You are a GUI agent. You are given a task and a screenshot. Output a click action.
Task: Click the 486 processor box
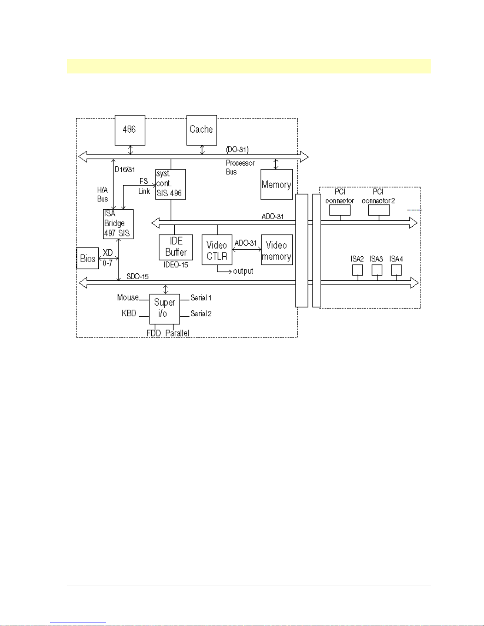click(130, 130)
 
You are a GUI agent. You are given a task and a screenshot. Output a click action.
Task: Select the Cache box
click(202, 130)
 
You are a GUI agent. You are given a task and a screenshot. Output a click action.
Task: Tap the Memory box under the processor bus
click(277, 184)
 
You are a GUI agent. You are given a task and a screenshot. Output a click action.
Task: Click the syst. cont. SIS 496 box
click(170, 184)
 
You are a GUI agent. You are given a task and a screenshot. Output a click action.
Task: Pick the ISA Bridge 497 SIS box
click(118, 224)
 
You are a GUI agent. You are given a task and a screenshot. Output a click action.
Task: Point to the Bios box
click(87, 259)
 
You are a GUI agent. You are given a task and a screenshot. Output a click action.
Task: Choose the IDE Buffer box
click(176, 247)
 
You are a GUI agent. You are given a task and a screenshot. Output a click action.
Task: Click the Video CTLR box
click(217, 250)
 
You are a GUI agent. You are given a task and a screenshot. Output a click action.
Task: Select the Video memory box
click(277, 250)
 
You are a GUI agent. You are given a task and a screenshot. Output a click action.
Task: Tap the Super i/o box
click(164, 308)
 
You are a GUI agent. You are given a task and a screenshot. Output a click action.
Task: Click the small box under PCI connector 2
click(379, 210)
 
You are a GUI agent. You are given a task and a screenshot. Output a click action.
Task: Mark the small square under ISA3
click(377, 270)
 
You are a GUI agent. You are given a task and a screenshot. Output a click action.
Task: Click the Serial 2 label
click(201, 314)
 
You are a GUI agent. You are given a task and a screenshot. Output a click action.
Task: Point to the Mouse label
click(128, 297)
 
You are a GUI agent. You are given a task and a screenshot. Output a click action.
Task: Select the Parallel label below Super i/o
click(177, 333)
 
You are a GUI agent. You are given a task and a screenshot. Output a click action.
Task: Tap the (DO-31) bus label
click(237, 149)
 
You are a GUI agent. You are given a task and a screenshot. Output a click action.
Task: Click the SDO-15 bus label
click(137, 276)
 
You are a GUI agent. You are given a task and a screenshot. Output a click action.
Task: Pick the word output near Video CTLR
click(243, 271)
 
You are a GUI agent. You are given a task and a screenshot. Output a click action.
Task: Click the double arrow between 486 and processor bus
click(131, 150)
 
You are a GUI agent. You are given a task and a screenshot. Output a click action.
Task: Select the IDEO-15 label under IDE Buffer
click(176, 265)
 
